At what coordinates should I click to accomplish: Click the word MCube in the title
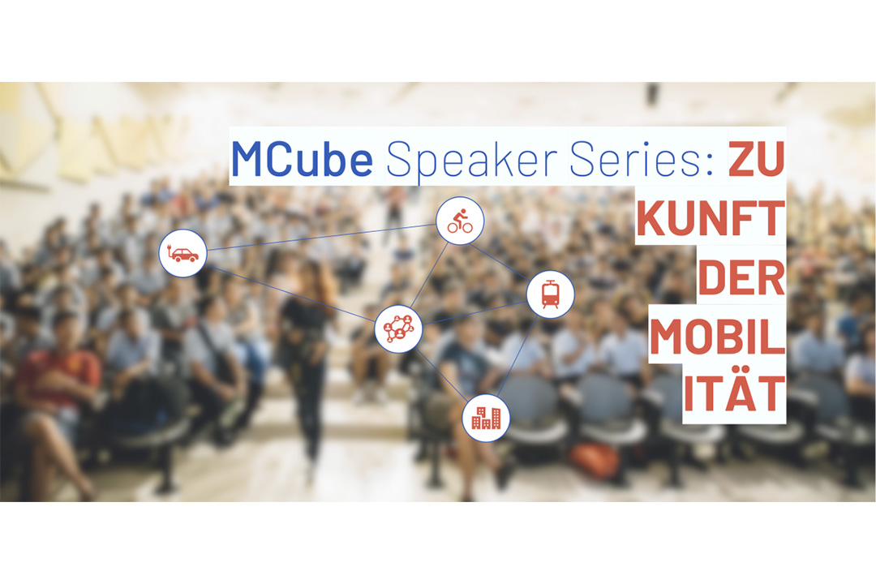click(302, 159)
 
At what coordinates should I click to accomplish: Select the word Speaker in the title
click(472, 161)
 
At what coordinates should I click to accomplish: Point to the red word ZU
click(757, 159)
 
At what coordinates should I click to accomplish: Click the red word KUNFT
click(711, 218)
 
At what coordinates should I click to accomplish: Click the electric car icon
click(182, 253)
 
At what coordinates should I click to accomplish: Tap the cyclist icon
click(460, 221)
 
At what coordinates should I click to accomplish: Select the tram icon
click(550, 294)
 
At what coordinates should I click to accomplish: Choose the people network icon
click(398, 328)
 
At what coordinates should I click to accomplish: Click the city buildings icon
click(486, 418)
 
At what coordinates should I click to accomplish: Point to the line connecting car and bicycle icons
click(321, 237)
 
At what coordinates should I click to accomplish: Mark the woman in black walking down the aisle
click(306, 358)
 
